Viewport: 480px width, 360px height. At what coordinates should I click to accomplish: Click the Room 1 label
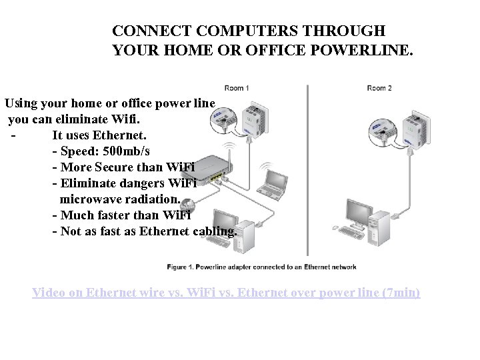(x=237, y=89)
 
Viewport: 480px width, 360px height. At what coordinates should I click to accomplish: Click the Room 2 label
(x=379, y=89)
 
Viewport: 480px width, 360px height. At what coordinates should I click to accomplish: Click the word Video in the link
(x=49, y=293)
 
